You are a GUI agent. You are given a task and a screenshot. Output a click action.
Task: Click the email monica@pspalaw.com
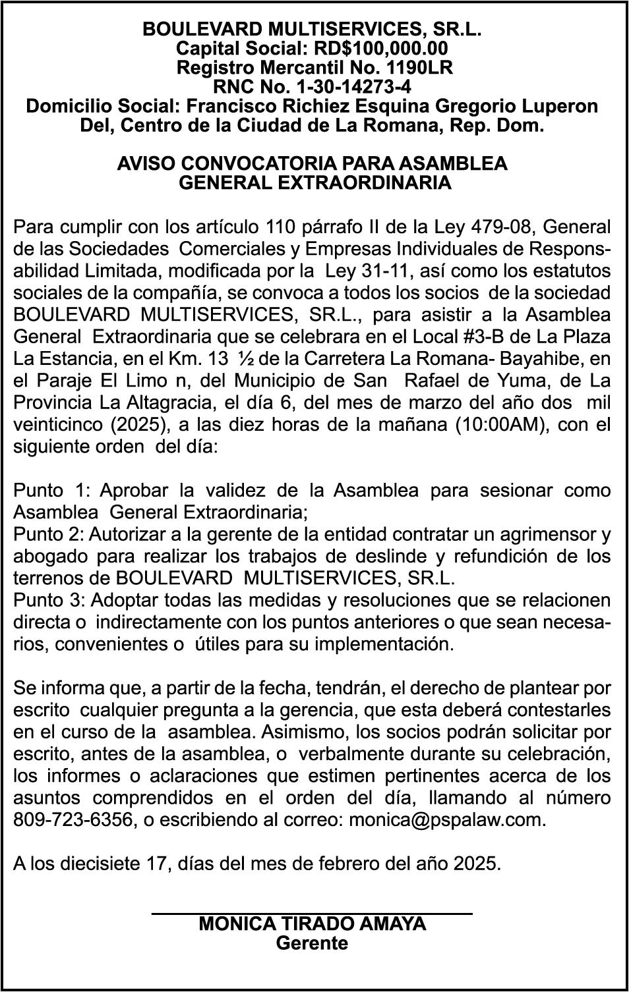tap(446, 820)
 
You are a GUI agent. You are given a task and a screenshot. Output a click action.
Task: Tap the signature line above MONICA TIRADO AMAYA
tap(312, 913)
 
